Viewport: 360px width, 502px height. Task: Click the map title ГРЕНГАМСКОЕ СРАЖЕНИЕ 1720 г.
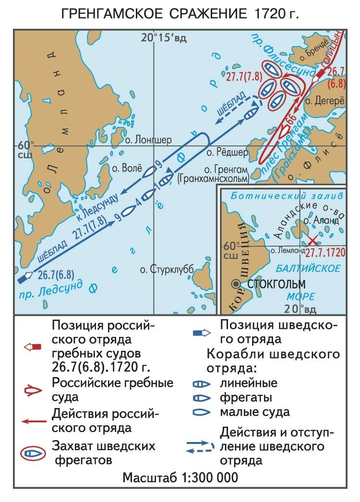[180, 14]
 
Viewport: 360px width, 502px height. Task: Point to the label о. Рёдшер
[227, 153]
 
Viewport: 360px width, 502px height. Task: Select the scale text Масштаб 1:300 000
[180, 478]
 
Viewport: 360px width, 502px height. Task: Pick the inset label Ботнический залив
[287, 196]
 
